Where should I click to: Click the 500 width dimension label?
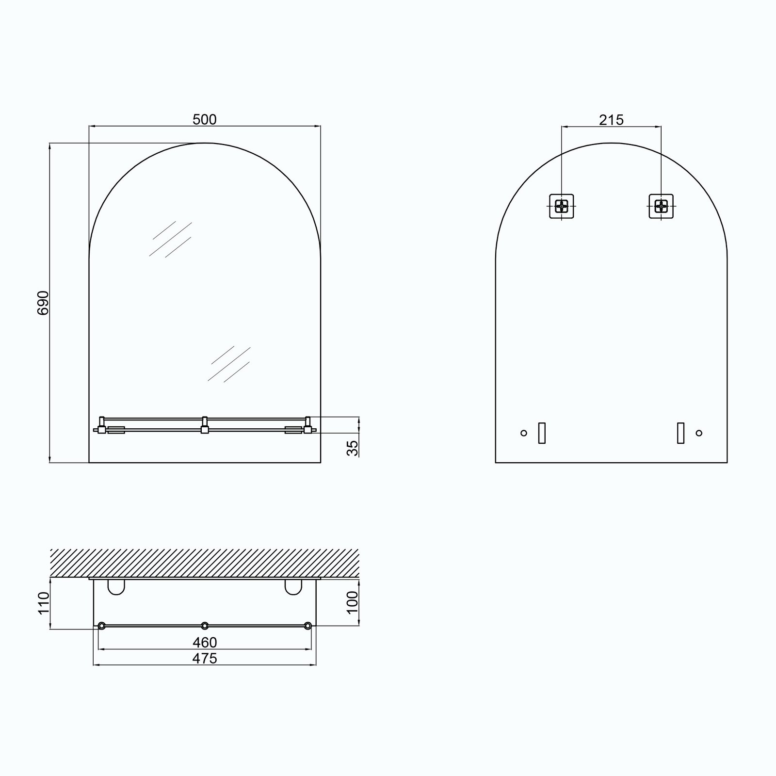[x=205, y=119]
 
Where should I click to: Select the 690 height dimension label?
[x=43, y=303]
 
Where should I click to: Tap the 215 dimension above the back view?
[x=611, y=120]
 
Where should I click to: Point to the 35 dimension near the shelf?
[x=354, y=448]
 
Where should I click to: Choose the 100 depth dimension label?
[x=353, y=602]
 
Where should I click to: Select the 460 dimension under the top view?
[x=205, y=643]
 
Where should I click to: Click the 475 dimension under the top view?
[x=205, y=658]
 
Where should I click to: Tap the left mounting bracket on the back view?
[x=562, y=206]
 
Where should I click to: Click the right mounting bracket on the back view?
[x=661, y=206]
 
